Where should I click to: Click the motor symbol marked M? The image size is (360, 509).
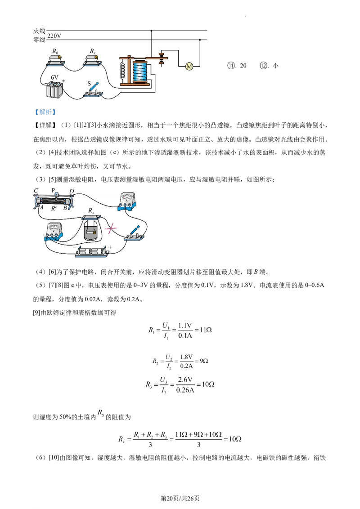189,67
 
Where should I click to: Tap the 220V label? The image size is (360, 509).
54,36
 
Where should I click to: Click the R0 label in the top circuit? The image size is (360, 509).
55,52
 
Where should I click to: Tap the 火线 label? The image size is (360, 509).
39,31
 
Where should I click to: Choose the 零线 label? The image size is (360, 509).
39,40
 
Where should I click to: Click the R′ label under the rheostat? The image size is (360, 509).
54,208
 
